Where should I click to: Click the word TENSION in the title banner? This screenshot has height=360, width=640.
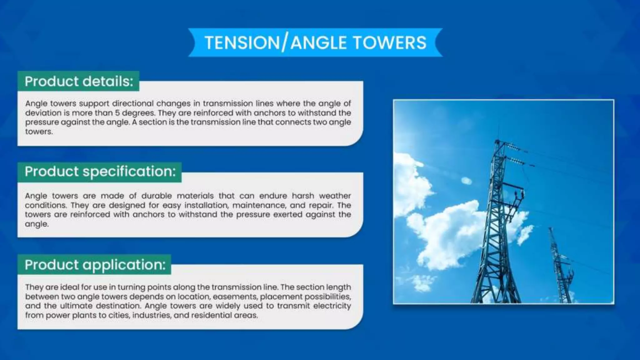click(x=242, y=43)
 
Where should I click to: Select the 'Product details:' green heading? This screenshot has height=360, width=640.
click(x=79, y=81)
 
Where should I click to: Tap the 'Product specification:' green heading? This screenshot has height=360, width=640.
click(x=100, y=171)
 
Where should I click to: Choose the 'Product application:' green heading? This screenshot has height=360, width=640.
click(x=95, y=265)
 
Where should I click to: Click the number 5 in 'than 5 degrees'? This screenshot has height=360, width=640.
click(x=117, y=113)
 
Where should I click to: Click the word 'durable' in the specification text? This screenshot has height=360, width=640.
click(x=157, y=196)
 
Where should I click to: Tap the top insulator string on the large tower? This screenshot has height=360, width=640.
click(x=512, y=146)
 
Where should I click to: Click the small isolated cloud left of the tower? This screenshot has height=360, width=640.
click(x=466, y=181)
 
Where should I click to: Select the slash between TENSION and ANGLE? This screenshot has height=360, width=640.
click(x=284, y=43)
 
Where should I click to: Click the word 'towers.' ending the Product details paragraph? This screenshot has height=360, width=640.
click(x=39, y=132)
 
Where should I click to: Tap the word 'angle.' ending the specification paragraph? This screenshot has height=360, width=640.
click(x=37, y=224)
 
